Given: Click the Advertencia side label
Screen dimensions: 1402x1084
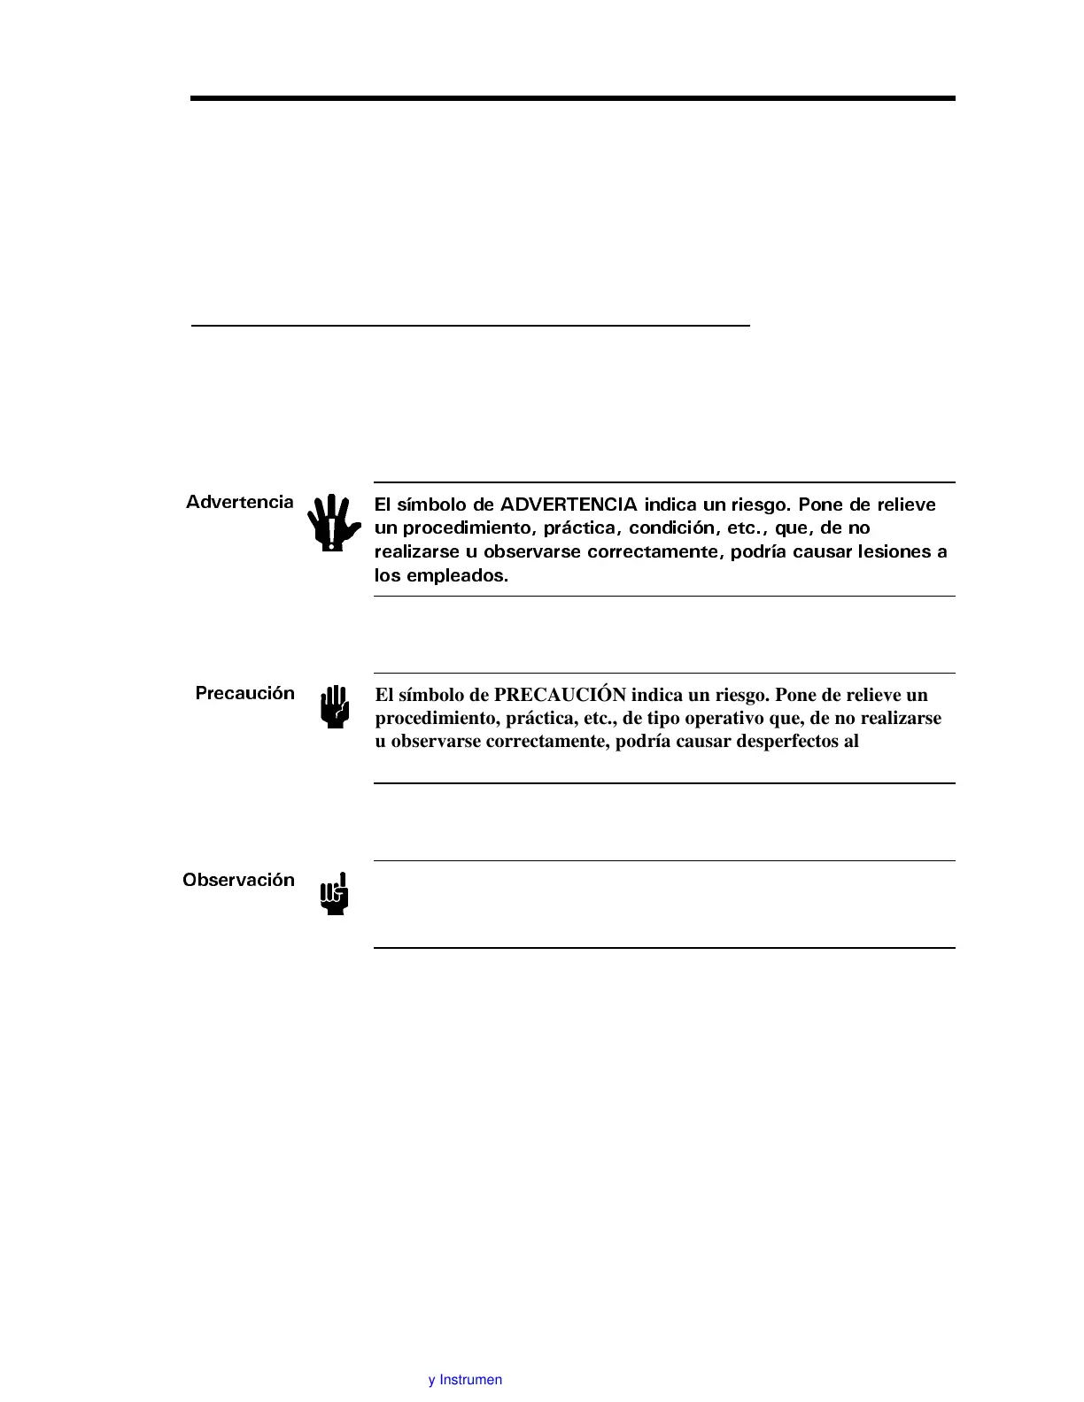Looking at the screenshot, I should [x=239, y=502].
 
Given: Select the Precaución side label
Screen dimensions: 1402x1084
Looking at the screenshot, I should [x=244, y=693].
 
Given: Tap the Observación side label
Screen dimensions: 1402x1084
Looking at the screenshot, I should [x=238, y=880].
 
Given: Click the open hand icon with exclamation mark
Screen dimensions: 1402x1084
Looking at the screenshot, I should [x=333, y=522].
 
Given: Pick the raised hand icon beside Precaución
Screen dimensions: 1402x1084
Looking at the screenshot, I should [x=335, y=707].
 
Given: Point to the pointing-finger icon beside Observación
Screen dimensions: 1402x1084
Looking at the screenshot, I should [x=335, y=894].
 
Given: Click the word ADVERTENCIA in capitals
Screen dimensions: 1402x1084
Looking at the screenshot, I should [x=569, y=505].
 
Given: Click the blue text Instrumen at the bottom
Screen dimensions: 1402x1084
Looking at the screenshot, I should [x=470, y=1380].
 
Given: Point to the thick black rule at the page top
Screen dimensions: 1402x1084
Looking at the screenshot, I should [x=572, y=98].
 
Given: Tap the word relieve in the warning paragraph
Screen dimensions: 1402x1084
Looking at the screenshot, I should [x=906, y=505].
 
